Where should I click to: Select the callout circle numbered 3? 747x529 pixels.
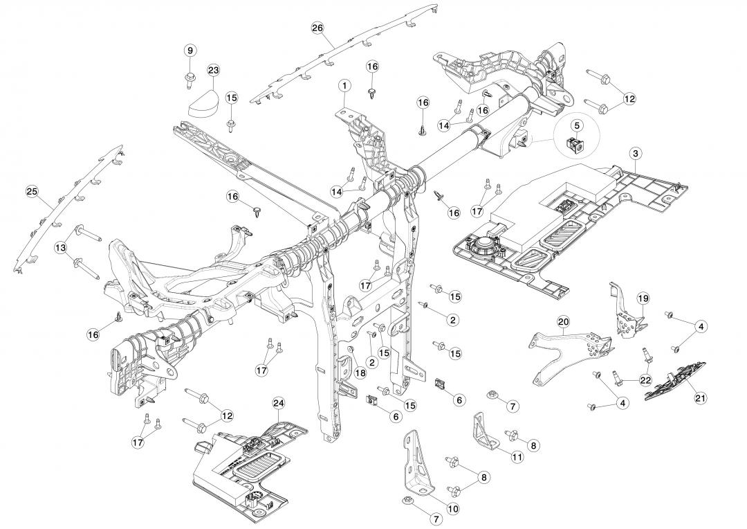[x=636, y=152]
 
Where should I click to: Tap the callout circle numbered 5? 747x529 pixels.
[x=576, y=125]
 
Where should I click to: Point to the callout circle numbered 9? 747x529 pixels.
[x=190, y=50]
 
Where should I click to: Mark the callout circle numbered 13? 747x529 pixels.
[x=61, y=247]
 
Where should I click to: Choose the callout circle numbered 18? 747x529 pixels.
[x=360, y=373]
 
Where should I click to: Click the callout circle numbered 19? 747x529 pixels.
[x=643, y=298]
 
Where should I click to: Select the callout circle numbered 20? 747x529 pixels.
[x=563, y=322]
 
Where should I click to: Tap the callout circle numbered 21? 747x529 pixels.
[x=700, y=397]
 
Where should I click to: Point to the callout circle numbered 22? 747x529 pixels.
[x=645, y=380]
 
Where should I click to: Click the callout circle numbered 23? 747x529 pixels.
[x=213, y=71]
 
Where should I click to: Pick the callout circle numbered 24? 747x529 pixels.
[x=279, y=403]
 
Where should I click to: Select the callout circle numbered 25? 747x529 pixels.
[x=31, y=190]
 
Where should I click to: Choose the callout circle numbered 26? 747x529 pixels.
[x=317, y=28]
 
